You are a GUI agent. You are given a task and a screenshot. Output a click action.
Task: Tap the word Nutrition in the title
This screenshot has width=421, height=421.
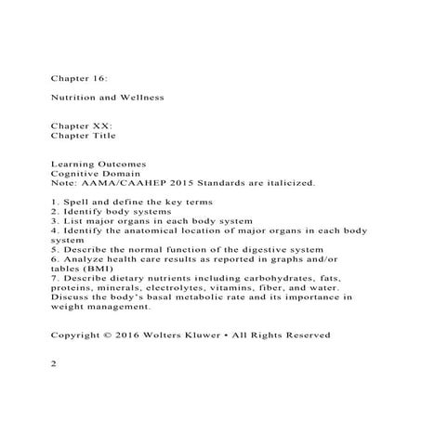click(x=73, y=97)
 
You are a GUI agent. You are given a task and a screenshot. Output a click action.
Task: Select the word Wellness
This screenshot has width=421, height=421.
click(x=141, y=97)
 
